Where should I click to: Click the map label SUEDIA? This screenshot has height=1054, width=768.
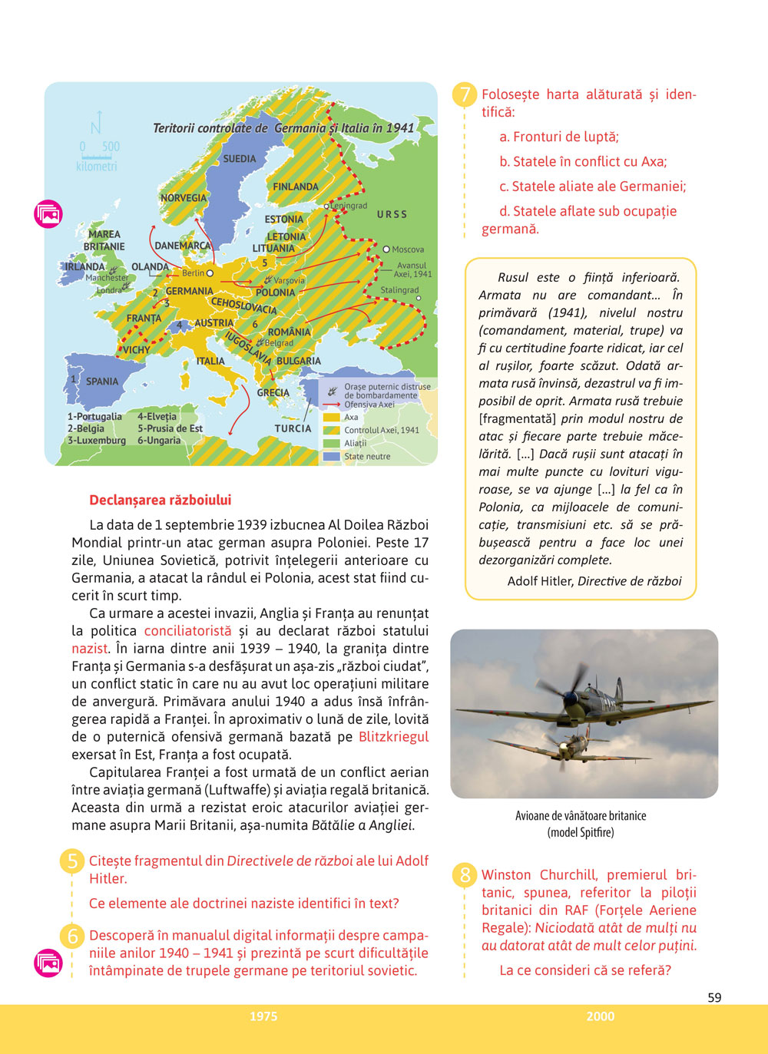[240, 159]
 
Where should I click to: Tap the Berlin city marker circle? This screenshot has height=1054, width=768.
[210, 273]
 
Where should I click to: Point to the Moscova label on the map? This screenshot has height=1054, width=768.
[407, 249]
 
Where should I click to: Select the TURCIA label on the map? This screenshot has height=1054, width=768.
[293, 428]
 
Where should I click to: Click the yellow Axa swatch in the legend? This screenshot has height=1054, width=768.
[332, 418]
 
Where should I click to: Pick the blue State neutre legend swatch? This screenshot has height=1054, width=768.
[332, 456]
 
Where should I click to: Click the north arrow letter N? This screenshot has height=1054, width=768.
[96, 126]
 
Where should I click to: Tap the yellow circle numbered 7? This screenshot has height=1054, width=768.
[465, 95]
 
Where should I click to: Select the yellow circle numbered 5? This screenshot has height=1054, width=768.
[72, 861]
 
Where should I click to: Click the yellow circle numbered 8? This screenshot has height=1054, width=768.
[465, 875]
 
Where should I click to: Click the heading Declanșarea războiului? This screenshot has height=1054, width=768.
[160, 500]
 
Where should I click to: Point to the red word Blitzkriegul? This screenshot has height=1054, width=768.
[393, 737]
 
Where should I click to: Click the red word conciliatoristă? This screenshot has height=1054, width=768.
[187, 631]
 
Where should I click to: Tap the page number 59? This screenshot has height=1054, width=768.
[714, 997]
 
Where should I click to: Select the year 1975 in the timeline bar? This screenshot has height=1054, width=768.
[263, 1016]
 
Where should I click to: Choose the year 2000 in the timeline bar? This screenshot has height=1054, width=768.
[601, 1016]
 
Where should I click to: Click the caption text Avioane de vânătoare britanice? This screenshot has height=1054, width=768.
[581, 816]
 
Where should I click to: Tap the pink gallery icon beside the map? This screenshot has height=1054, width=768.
[48, 214]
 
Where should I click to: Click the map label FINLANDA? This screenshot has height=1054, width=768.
[296, 187]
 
